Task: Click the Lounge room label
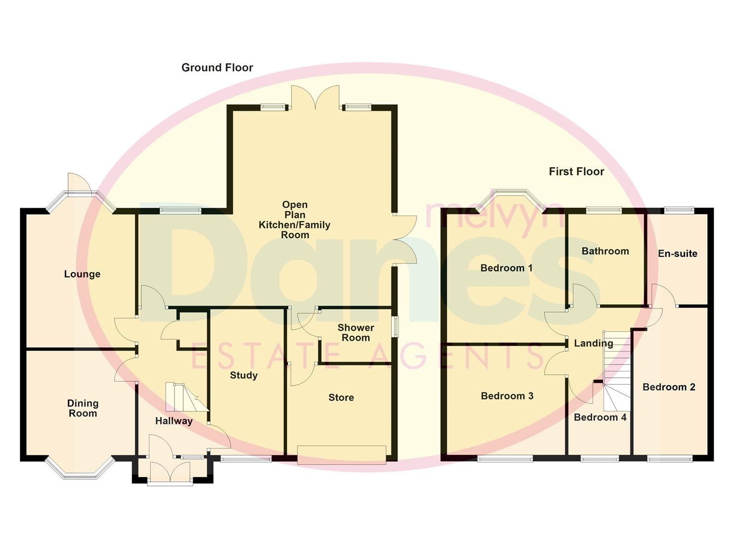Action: click(82, 274)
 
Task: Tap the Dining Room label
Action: click(83, 408)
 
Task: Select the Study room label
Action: click(244, 375)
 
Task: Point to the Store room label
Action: click(341, 398)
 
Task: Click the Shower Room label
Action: click(355, 333)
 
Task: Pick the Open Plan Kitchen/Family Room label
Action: click(295, 220)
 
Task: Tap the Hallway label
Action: click(173, 421)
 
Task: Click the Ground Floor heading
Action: click(217, 68)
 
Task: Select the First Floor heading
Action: click(576, 172)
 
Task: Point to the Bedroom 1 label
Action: click(506, 268)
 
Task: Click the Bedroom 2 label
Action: click(669, 387)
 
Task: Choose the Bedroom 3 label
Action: click(507, 396)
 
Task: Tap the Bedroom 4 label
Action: click(600, 417)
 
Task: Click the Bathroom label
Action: click(605, 251)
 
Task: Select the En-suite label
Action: click(677, 254)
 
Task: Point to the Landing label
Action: click(593, 343)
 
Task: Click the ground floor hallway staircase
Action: click(185, 397)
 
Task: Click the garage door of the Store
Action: click(342, 455)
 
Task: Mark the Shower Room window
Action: click(394, 327)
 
